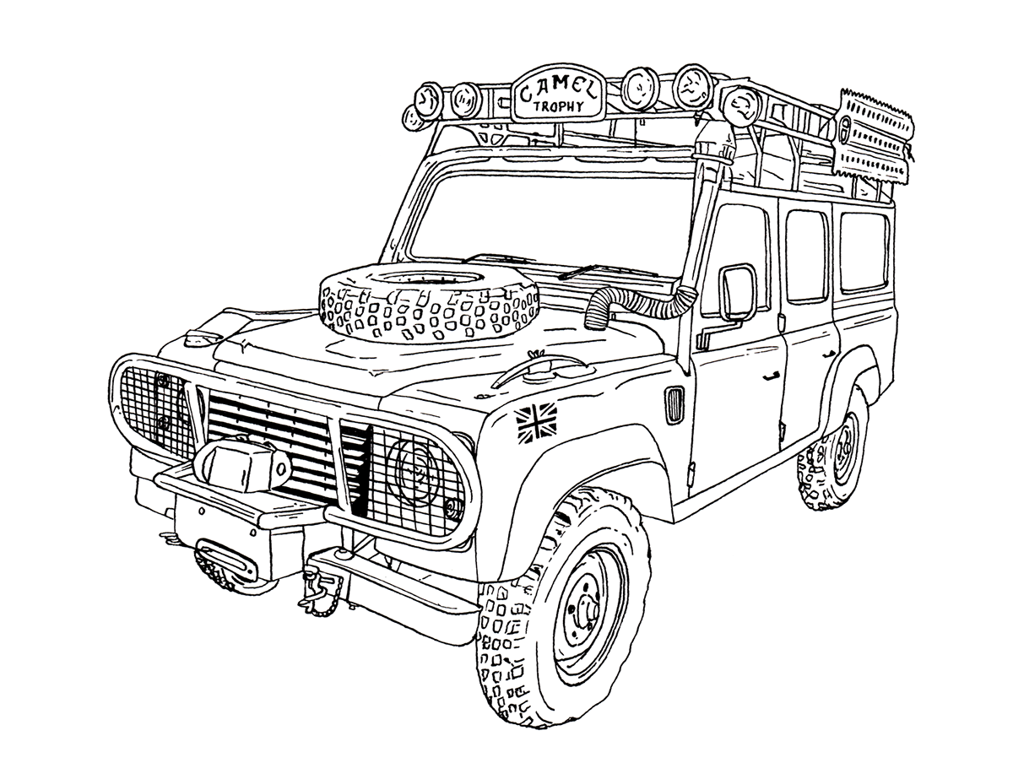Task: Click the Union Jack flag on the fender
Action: click(x=537, y=423)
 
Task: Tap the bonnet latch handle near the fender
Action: click(x=541, y=369)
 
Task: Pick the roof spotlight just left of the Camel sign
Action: click(x=466, y=100)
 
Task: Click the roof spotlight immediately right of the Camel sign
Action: click(x=639, y=87)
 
